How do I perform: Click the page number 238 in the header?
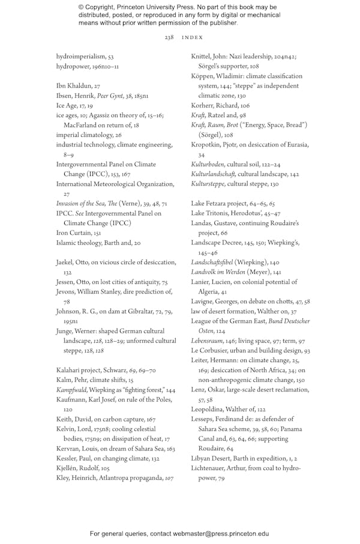pyautogui.click(x=169, y=37)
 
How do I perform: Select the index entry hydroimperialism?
pyautogui.click(x=81, y=56)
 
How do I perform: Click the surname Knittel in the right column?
pyautogui.click(x=202, y=56)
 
